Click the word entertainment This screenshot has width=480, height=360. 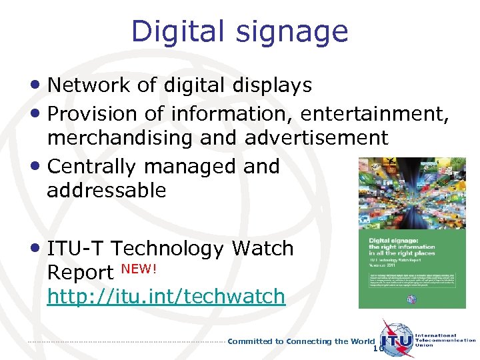pyautogui.click(x=374, y=115)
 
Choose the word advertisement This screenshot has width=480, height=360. pyautogui.click(x=316, y=138)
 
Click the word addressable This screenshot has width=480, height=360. pyautogui.click(x=107, y=191)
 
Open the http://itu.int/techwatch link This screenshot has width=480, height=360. pyautogui.click(x=166, y=297)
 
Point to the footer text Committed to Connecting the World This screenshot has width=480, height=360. pyautogui.click(x=301, y=341)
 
